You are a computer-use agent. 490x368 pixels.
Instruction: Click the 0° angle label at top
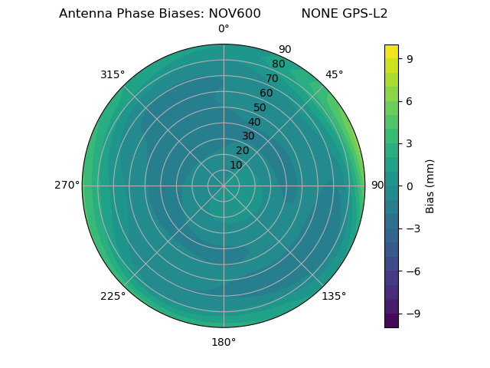tap(224, 29)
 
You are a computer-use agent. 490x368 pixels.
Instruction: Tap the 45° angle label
tap(335, 74)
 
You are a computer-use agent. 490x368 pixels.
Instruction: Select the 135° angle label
tap(334, 296)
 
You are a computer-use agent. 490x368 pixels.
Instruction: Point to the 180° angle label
tap(224, 342)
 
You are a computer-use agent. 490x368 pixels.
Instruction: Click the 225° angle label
tap(113, 296)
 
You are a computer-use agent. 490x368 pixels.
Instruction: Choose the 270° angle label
tap(67, 186)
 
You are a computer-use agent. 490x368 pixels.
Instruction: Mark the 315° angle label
tap(113, 74)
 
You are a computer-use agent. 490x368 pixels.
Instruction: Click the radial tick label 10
tap(236, 165)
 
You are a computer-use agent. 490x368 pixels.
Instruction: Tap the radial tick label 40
tap(254, 123)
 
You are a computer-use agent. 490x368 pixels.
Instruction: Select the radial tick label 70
tap(272, 78)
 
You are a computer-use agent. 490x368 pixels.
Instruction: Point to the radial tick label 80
tap(278, 64)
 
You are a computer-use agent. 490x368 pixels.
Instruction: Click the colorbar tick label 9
tap(409, 58)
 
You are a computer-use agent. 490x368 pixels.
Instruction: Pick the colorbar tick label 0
tap(409, 186)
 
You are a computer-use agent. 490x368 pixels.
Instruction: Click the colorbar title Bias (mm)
tap(430, 186)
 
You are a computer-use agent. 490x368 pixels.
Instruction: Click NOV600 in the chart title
tap(234, 14)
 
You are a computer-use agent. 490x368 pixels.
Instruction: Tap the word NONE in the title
tap(316, 14)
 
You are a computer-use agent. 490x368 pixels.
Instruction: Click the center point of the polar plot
tap(224, 186)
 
